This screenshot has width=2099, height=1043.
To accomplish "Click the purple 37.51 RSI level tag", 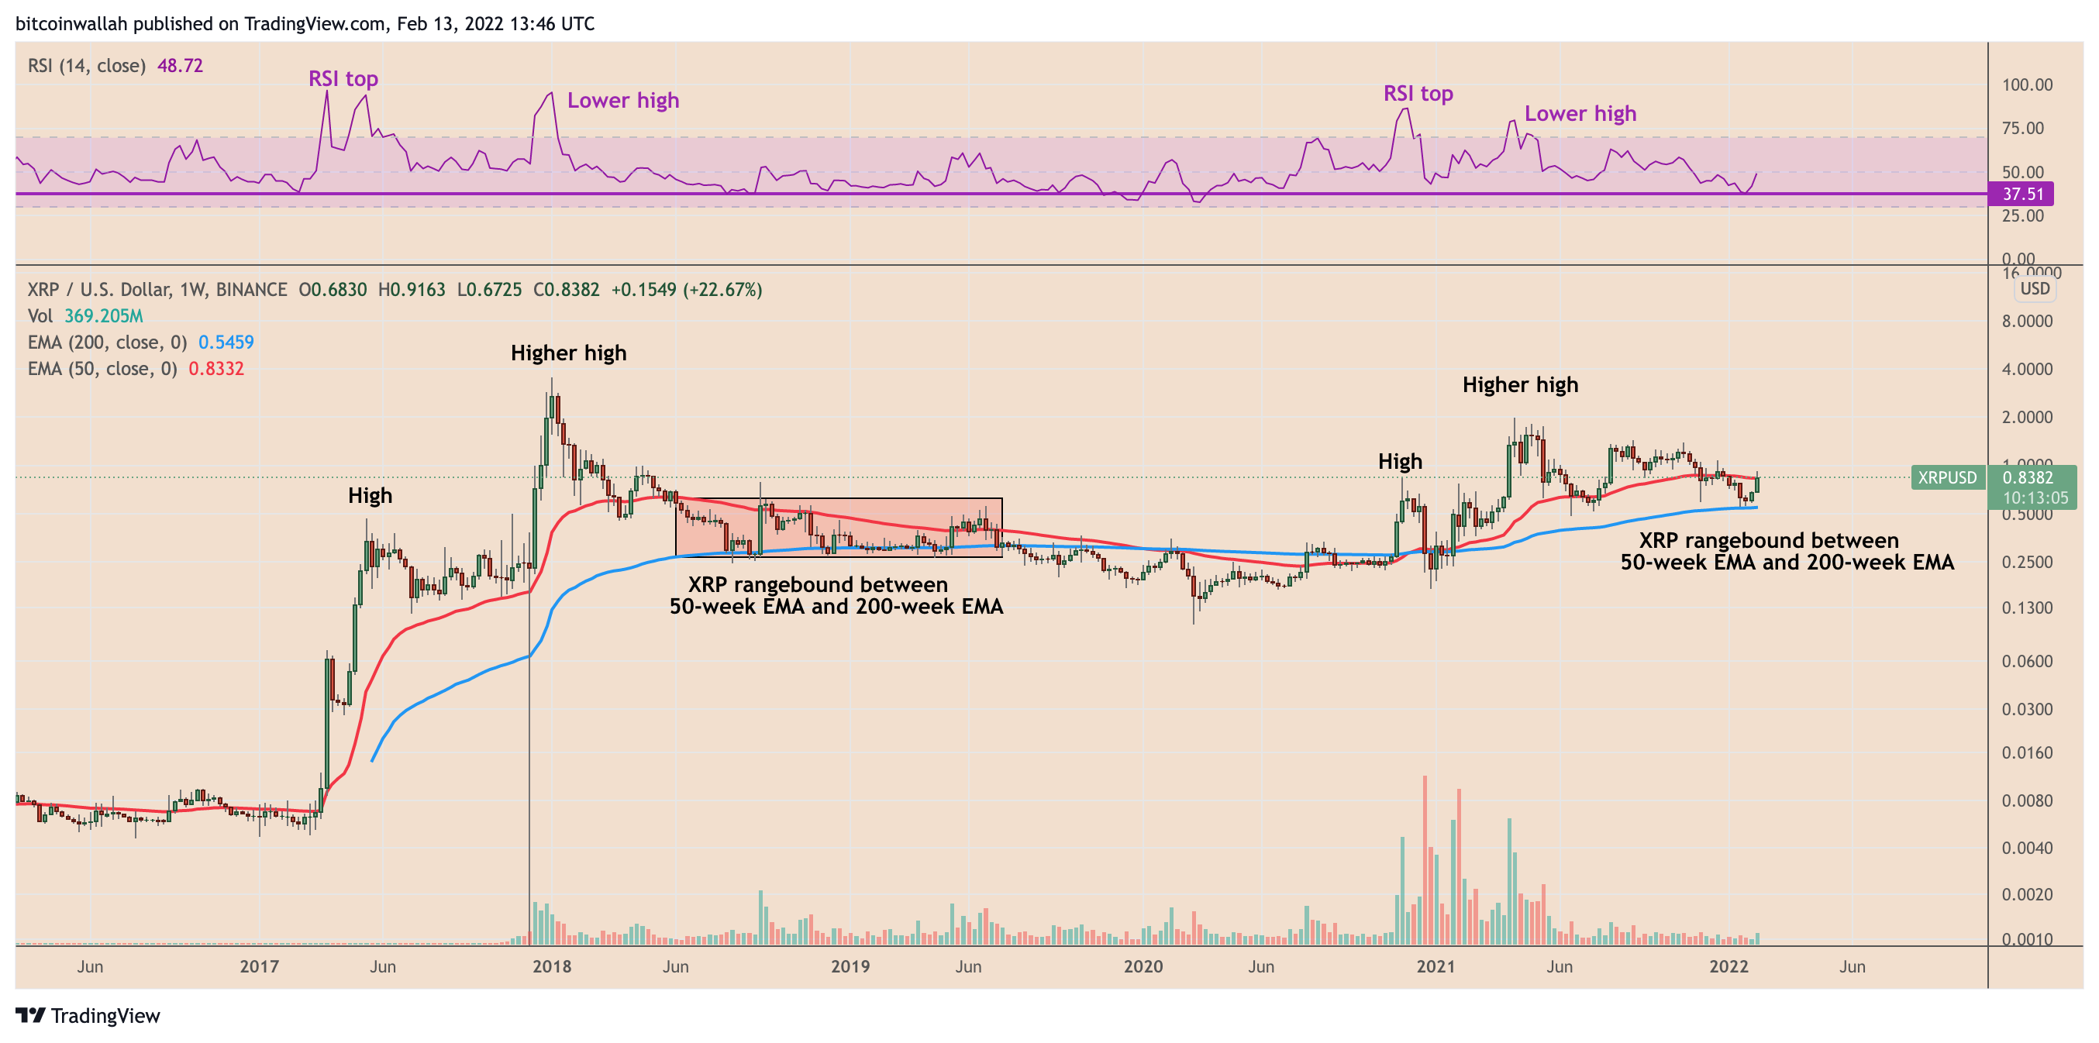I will (x=2021, y=194).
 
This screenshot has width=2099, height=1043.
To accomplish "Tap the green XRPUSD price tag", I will (x=1946, y=477).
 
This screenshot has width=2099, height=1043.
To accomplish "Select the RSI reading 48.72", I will (x=180, y=65).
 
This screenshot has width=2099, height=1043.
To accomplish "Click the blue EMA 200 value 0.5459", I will (x=226, y=343).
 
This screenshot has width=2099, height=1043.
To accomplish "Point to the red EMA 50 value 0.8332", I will (x=216, y=368).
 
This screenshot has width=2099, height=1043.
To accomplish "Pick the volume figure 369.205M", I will (x=104, y=316).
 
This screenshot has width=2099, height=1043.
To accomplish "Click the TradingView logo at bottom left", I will (x=88, y=1015).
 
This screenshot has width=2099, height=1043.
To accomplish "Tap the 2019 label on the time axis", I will (x=850, y=966).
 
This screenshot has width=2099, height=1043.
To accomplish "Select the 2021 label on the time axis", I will (x=1436, y=966).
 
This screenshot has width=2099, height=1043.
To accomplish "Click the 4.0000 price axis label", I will (x=2026, y=369).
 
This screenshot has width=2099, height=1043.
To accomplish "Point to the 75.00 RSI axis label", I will (x=2023, y=128).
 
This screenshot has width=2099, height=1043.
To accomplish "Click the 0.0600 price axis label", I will (x=2026, y=662).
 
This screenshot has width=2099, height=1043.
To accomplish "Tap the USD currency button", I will (x=2035, y=289).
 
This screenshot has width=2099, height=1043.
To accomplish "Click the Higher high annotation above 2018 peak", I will (x=568, y=353).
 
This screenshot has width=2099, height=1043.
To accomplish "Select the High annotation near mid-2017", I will (x=370, y=495).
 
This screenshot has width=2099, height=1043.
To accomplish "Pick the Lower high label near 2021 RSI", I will (x=1580, y=114).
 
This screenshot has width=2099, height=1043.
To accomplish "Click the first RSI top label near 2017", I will (x=343, y=79).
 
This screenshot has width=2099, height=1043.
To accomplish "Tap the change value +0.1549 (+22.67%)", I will (x=686, y=290).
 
